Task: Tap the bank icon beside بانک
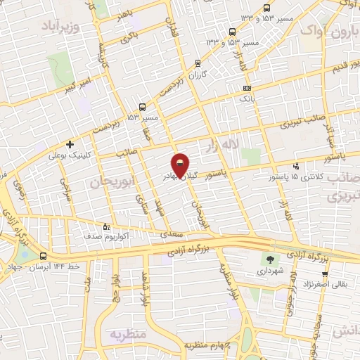point(246,89)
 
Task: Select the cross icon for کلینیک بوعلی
point(70,144)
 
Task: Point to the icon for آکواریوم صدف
point(106,226)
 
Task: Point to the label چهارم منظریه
point(209,345)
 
